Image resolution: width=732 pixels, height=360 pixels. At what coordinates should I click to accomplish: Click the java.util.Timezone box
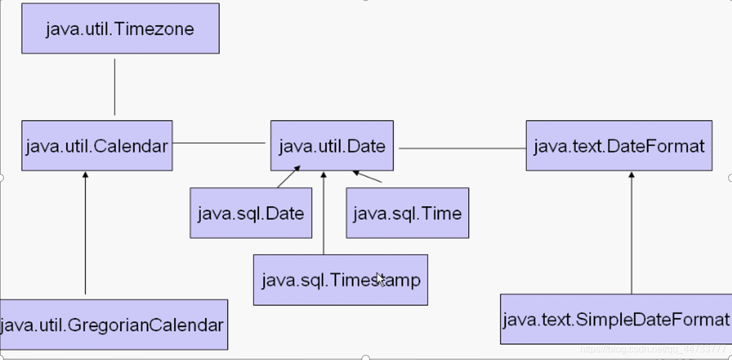click(x=121, y=28)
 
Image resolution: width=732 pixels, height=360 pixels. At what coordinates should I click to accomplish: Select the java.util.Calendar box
click(x=97, y=146)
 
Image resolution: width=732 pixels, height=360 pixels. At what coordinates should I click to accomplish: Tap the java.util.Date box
click(x=332, y=146)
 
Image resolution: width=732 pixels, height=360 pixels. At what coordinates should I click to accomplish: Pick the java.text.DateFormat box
click(x=619, y=146)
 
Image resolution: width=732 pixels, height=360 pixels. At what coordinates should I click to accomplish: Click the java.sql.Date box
click(x=251, y=213)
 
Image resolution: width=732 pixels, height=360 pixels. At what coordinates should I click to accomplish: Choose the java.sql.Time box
click(x=407, y=213)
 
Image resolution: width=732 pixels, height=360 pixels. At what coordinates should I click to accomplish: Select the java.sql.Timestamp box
click(x=341, y=280)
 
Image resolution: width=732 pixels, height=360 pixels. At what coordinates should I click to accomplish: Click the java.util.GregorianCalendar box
click(x=114, y=325)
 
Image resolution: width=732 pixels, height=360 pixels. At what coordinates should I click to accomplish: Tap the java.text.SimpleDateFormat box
click(x=616, y=319)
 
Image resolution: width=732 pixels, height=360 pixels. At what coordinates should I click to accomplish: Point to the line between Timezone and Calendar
click(x=115, y=87)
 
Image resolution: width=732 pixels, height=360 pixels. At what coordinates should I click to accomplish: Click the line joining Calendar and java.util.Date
click(x=219, y=143)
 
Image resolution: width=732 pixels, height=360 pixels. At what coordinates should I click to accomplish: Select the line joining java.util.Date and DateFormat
click(x=463, y=148)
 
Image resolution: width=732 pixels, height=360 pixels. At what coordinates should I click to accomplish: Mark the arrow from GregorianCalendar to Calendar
click(x=85, y=233)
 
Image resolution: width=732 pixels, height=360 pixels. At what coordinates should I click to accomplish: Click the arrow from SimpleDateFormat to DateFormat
click(x=632, y=233)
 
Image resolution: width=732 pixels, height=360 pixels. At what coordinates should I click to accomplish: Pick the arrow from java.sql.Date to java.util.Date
click(x=289, y=177)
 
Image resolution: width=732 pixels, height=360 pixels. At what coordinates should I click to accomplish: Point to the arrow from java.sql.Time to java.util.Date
click(x=367, y=176)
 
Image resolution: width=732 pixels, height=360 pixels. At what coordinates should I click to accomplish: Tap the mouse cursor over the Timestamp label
click(x=381, y=280)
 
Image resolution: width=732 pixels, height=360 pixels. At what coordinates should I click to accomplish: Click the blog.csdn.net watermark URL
click(x=653, y=349)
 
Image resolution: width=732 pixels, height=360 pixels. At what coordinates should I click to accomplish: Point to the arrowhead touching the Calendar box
click(x=85, y=175)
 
